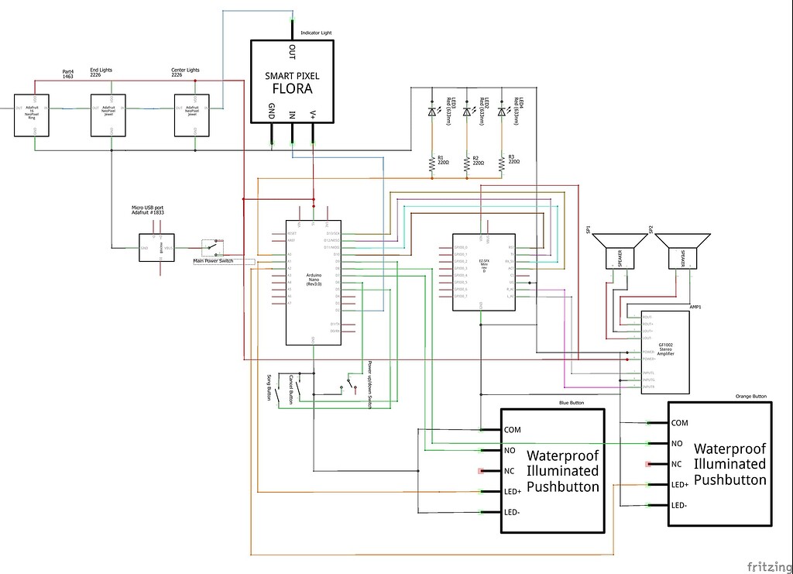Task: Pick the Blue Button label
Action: (x=572, y=403)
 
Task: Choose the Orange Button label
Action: (x=750, y=396)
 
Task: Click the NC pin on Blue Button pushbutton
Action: (x=510, y=470)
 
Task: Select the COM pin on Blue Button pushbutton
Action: (x=512, y=429)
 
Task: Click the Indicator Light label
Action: (x=316, y=33)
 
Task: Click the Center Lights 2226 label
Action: (x=185, y=73)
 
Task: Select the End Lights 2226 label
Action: (x=101, y=73)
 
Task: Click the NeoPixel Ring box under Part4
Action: (x=32, y=115)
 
